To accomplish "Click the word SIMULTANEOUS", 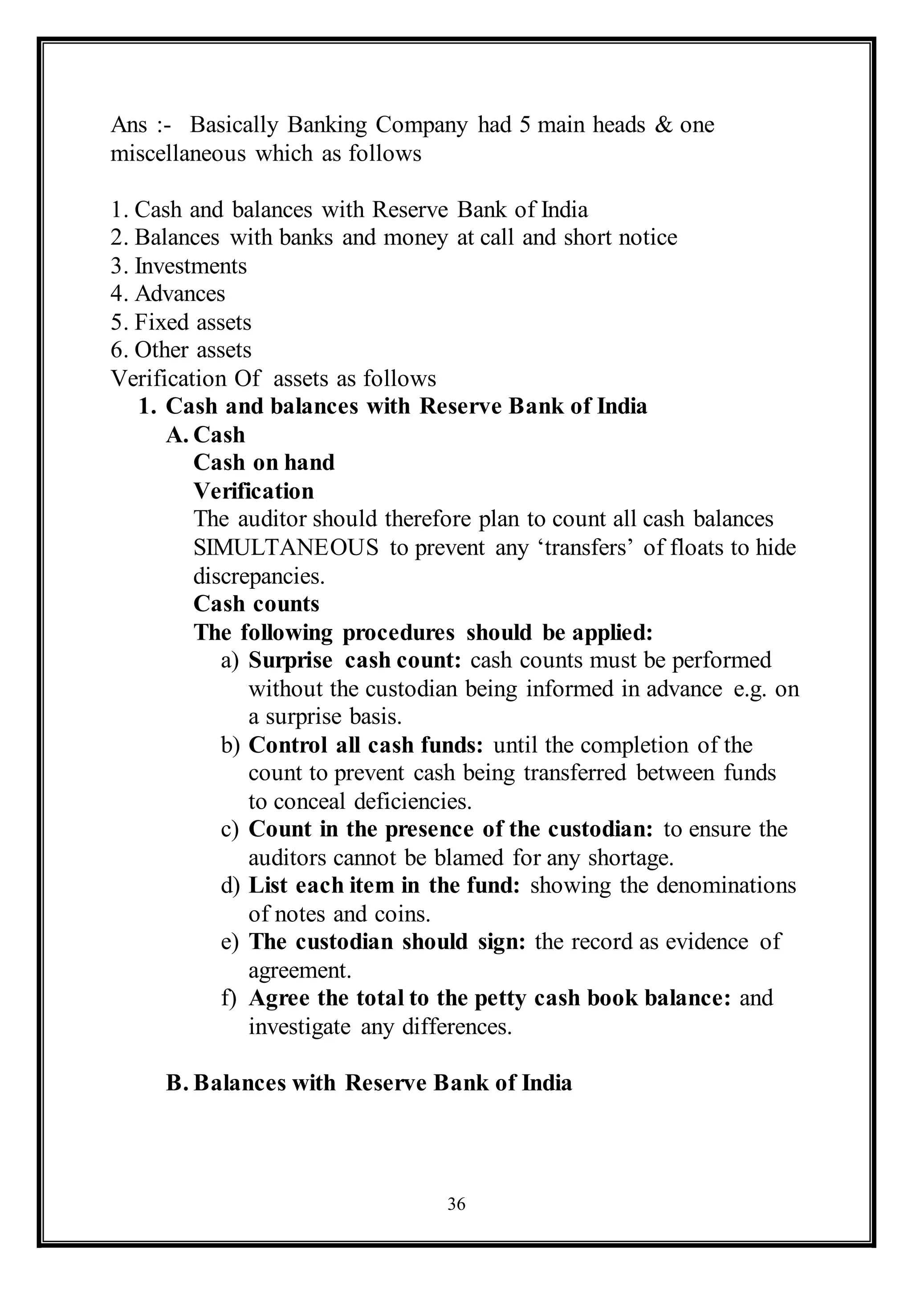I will coord(286,547).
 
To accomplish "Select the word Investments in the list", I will coord(191,266).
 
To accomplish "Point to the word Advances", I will coord(180,294).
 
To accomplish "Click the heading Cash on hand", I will coord(264,462).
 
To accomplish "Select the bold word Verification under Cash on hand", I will coord(254,491).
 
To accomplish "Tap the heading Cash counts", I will coord(256,604).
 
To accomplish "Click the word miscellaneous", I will coord(178,153).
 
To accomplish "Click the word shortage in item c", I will coord(630,858).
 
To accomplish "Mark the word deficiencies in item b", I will coord(413,801).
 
